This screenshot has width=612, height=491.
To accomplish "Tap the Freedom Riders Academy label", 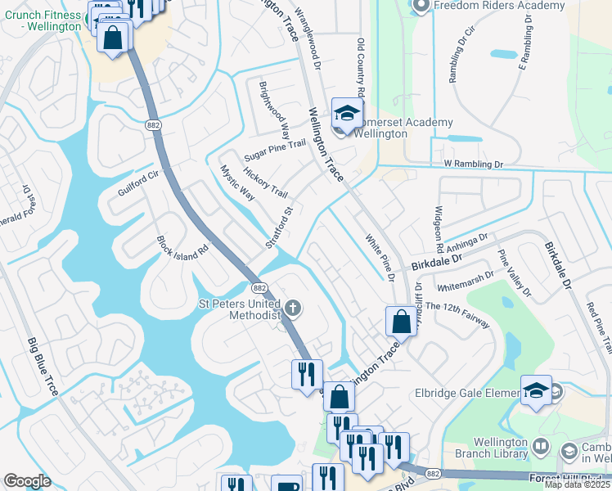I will [499, 6].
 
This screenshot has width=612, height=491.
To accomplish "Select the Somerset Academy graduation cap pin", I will [346, 114].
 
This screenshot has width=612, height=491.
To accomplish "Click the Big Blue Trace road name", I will [43, 366].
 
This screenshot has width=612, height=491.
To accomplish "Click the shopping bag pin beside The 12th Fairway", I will [402, 320].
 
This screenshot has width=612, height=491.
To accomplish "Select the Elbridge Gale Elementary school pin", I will [536, 390].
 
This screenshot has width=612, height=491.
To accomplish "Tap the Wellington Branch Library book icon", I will [541, 448].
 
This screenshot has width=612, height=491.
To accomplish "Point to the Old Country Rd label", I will [360, 69].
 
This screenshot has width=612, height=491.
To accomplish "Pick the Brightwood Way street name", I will [274, 109].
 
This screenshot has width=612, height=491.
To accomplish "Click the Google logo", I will [27, 480].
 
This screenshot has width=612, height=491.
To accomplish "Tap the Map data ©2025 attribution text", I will [578, 484].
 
